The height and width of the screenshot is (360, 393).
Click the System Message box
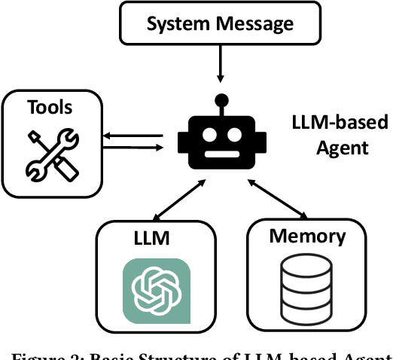(220, 24)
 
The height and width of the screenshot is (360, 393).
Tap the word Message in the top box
(254, 24)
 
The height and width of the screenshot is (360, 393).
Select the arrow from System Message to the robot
(220, 63)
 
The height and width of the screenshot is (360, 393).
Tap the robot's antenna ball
(221, 99)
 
